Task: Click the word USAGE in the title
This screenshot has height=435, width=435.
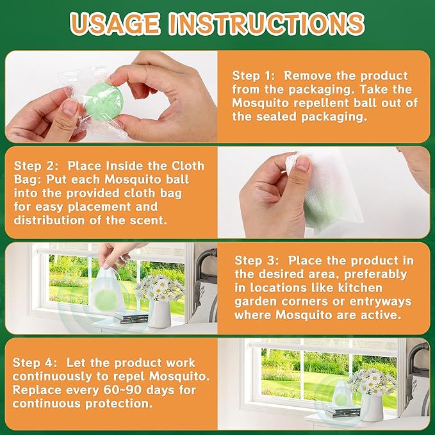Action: pos(115,24)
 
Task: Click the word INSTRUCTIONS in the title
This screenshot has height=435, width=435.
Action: pos(267,24)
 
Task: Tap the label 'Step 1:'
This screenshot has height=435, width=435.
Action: pos(254,76)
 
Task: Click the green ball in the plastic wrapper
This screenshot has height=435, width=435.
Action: pos(104,101)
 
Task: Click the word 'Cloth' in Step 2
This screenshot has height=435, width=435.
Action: pos(188,166)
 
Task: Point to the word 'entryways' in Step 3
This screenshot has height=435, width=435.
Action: pos(381,302)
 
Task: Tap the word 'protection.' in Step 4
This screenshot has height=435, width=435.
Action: pos(119,404)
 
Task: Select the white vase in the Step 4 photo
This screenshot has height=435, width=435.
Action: pos(372,407)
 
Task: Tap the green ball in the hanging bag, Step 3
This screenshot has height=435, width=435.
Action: pos(106,300)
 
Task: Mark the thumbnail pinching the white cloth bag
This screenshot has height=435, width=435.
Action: pos(302,164)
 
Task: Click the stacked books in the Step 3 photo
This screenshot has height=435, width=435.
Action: pos(131,317)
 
